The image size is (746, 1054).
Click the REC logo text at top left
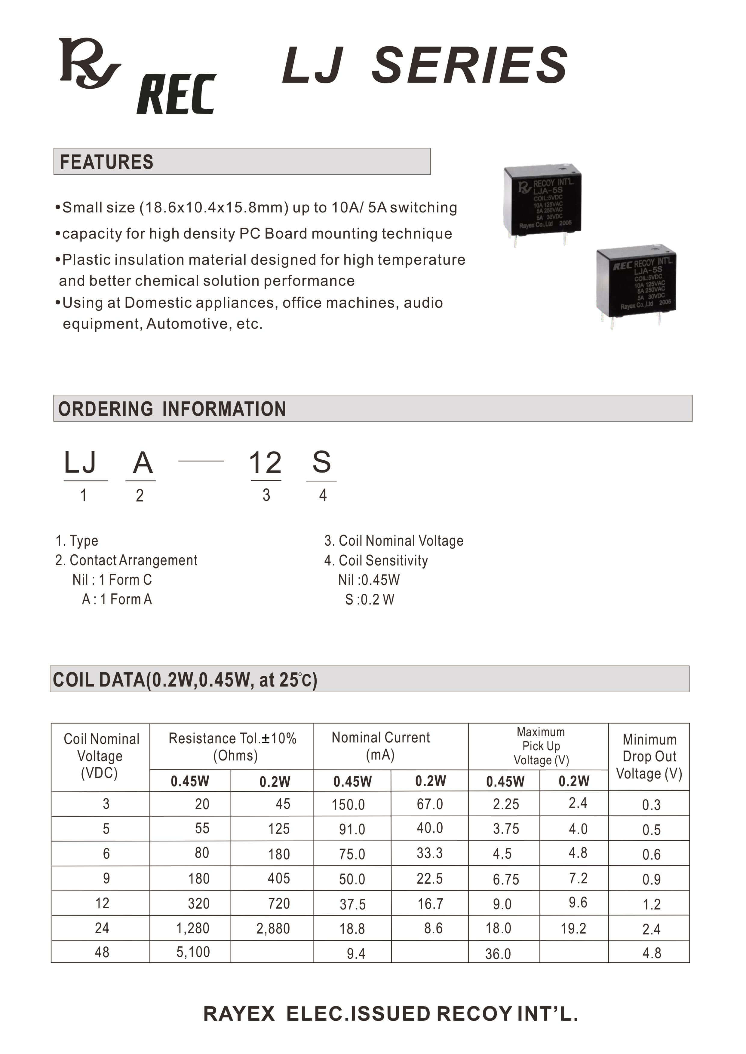177,95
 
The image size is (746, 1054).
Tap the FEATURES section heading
106,162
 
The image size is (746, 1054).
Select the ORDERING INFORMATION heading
172,409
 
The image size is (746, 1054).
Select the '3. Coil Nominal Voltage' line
394,541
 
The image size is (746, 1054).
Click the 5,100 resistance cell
193,952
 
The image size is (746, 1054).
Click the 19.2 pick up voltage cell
573,928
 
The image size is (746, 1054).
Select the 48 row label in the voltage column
102,952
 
